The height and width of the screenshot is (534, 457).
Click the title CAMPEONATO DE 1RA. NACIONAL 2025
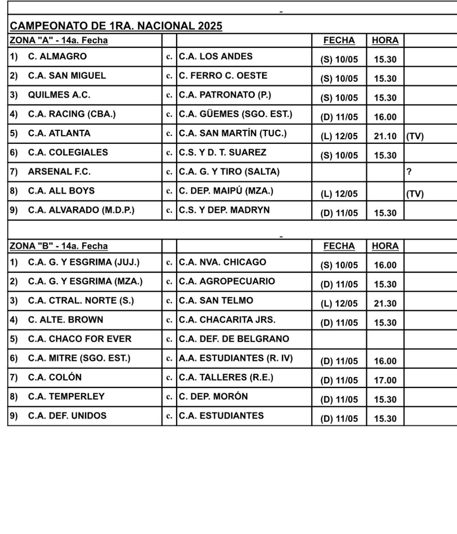pos(116,26)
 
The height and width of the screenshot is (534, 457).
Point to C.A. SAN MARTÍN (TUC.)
pos(232,133)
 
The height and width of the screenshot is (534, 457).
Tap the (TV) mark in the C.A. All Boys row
pos(415,194)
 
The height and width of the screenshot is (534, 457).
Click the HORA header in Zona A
pos(385,40)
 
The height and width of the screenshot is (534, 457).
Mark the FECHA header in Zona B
pos(339,246)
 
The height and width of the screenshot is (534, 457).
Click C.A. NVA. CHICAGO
pos(223,262)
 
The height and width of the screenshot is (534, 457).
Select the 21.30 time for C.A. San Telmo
pos(385,304)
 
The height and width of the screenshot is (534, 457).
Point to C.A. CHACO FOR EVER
pos(79,339)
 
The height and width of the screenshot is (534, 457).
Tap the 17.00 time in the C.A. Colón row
pos(385,381)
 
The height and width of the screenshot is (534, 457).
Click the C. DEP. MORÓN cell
pos(213,396)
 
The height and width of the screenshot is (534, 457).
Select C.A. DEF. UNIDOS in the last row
pos(67,416)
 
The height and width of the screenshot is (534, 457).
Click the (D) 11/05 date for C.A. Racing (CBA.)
pos(339,118)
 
